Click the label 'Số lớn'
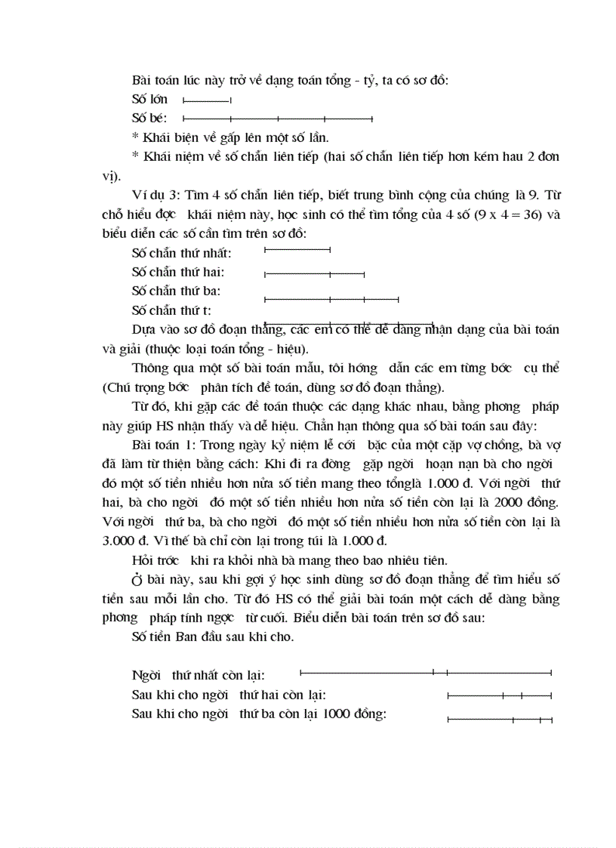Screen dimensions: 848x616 (149, 99)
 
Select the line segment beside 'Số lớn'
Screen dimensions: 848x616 (207, 100)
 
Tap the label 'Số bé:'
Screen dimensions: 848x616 (149, 118)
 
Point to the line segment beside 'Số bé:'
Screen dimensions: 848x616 (278, 119)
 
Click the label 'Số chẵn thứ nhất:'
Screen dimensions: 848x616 (181, 253)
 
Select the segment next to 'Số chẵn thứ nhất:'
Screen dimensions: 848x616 (297, 249)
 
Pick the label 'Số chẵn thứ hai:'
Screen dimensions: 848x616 (177, 272)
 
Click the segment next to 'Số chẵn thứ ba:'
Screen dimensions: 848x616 (331, 300)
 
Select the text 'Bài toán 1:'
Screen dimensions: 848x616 (164, 445)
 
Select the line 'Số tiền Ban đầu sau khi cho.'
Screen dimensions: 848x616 (212, 637)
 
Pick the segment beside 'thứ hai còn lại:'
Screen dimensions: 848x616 (499, 695)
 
